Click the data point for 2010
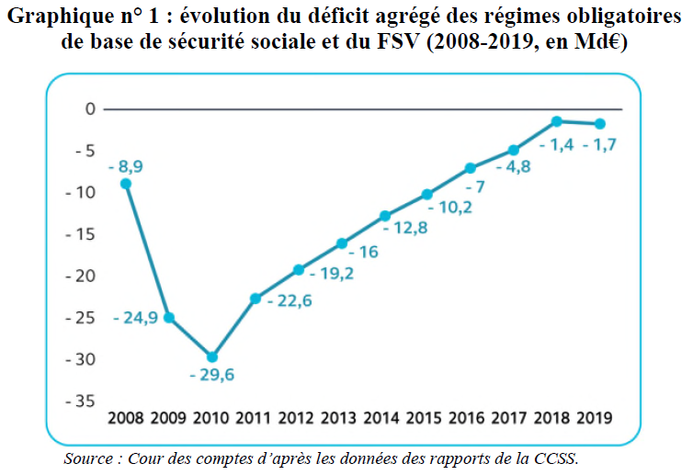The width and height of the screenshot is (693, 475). pos(212,356)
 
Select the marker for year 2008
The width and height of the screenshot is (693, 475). pos(126,184)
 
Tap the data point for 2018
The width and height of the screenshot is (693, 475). pos(557,121)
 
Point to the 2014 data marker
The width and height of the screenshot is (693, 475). pos(385,216)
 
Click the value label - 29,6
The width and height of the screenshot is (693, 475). pos(211,375)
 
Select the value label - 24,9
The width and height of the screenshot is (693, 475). pos(135,317)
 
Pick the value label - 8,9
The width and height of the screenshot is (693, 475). pos(126,166)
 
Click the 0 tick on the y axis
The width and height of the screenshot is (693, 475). pos(90,109)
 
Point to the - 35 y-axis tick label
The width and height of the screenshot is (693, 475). pos(81,401)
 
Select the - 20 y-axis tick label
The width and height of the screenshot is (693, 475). pos(81,276)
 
